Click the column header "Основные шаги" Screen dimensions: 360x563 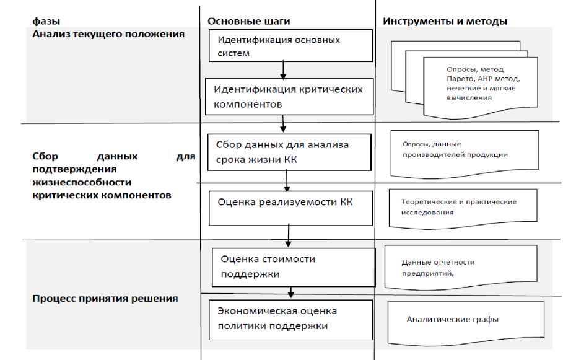pos(248,21)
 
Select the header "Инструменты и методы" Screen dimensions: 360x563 pos(445,21)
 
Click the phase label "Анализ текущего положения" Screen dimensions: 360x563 pos(108,34)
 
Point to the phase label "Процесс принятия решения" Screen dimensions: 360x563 pos(105,298)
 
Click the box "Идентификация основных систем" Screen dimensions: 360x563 pos(290,46)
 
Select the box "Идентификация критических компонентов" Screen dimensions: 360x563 pos(290,97)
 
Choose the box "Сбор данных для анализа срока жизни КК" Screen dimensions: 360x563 pos(289,152)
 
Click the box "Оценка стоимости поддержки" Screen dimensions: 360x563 pos(294,266)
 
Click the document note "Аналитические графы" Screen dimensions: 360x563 pos(452,320)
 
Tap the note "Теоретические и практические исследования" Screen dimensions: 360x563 pos(458,207)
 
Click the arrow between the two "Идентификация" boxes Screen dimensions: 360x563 pos(282,68)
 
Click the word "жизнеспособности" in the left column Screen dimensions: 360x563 pos(82,182)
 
